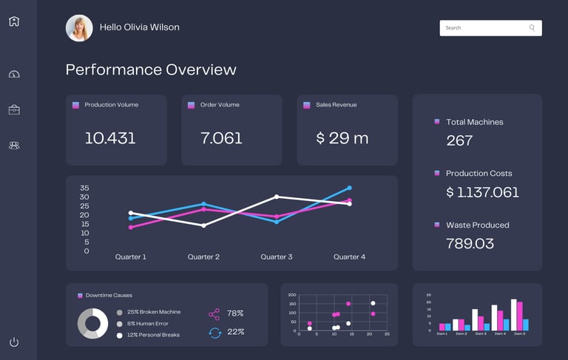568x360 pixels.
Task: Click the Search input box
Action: point(484,28)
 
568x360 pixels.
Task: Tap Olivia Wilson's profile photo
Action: point(79,28)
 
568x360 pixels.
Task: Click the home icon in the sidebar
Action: point(14,21)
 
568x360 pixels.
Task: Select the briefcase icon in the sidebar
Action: point(14,110)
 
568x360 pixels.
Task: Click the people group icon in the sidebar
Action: point(14,146)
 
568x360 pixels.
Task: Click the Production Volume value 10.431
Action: point(110,138)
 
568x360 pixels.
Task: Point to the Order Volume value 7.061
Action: point(221,138)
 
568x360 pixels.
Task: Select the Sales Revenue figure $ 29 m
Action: point(342,138)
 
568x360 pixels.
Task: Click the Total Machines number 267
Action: point(459,140)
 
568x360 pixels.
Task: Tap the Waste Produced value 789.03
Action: point(470,243)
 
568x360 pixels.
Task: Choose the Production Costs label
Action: point(479,174)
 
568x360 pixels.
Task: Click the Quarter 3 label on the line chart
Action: point(277,257)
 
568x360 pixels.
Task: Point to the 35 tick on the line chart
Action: point(84,189)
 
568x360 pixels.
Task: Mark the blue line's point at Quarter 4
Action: point(349,188)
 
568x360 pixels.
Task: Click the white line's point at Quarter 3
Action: point(277,197)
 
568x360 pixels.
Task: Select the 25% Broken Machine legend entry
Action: point(153,312)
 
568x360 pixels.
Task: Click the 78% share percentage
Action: point(235,313)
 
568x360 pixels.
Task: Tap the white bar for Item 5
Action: point(513,315)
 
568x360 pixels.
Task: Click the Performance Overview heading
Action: point(151,70)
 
